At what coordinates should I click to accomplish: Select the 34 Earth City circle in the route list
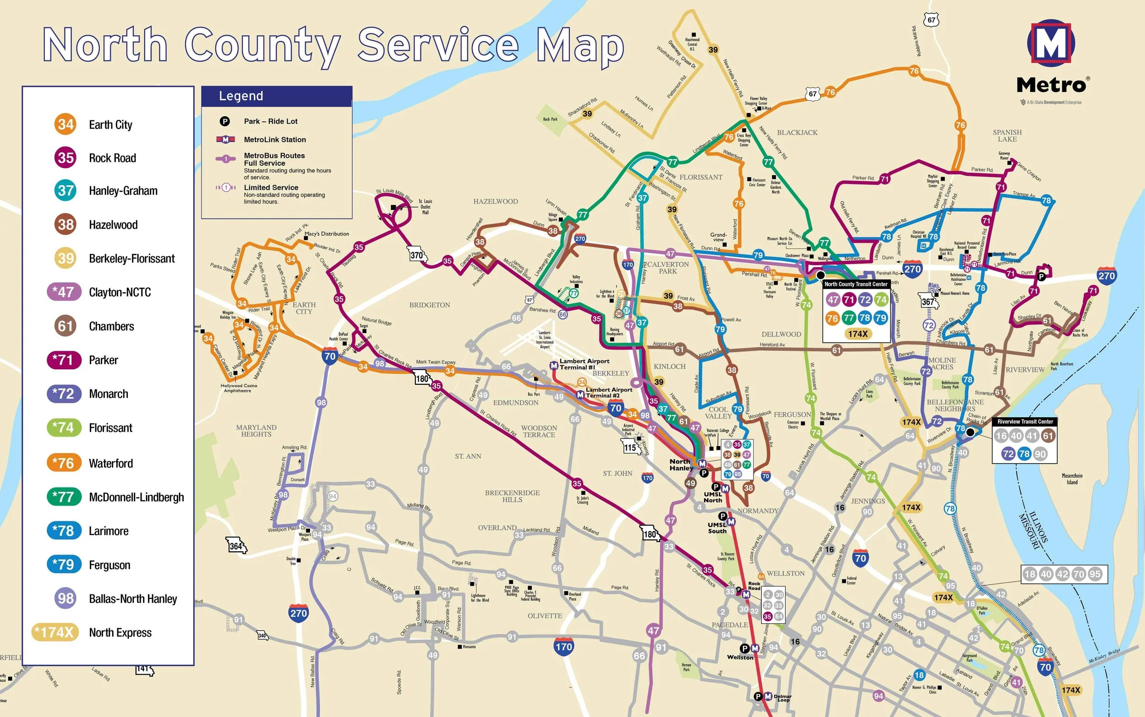(65, 124)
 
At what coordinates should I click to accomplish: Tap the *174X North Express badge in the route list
(55, 632)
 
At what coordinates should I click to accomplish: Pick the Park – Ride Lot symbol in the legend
(224, 121)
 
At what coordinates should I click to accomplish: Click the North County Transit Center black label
(856, 284)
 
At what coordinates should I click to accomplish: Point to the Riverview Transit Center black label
(1025, 421)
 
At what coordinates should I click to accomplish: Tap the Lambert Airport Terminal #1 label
(584, 364)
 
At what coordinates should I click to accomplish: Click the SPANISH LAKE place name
(1007, 135)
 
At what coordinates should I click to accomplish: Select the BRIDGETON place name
(430, 305)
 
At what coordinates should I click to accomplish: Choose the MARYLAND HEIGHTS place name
(256, 431)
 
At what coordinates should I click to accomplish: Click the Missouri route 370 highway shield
(417, 255)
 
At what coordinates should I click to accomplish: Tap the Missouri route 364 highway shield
(236, 545)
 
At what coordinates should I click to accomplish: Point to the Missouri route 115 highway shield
(630, 447)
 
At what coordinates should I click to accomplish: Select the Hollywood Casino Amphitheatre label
(237, 388)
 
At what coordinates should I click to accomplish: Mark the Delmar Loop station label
(782, 698)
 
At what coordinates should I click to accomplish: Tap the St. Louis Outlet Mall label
(425, 207)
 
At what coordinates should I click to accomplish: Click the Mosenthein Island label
(1072, 479)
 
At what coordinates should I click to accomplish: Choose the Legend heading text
(241, 96)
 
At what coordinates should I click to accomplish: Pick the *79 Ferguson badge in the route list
(64, 564)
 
